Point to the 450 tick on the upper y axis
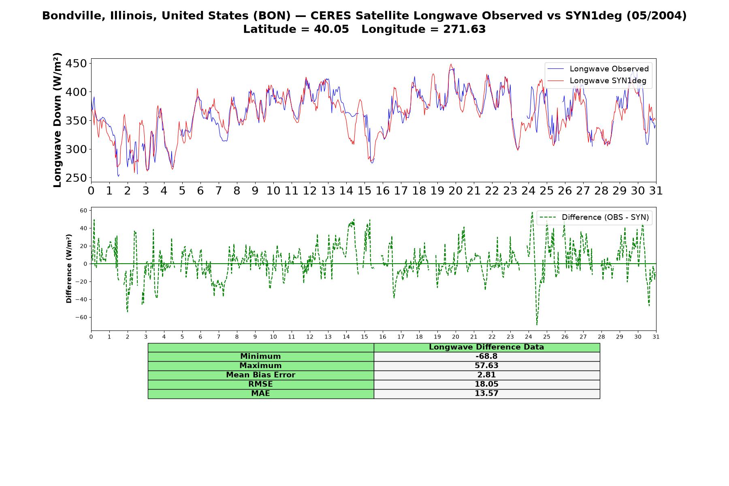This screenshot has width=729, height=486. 77,64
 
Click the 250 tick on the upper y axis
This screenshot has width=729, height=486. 77,178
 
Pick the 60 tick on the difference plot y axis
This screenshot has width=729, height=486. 83,210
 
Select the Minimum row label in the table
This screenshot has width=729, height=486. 260,356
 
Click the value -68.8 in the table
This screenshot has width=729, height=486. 486,356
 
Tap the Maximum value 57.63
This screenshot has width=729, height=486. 486,366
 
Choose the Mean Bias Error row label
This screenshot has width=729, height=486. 260,375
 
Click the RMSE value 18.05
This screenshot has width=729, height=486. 486,384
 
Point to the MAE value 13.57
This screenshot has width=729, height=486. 486,394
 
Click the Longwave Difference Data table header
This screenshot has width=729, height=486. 486,347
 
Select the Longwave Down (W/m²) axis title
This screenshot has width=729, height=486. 58,120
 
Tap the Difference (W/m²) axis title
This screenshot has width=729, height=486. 69,269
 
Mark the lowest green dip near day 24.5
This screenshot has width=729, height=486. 537,324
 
